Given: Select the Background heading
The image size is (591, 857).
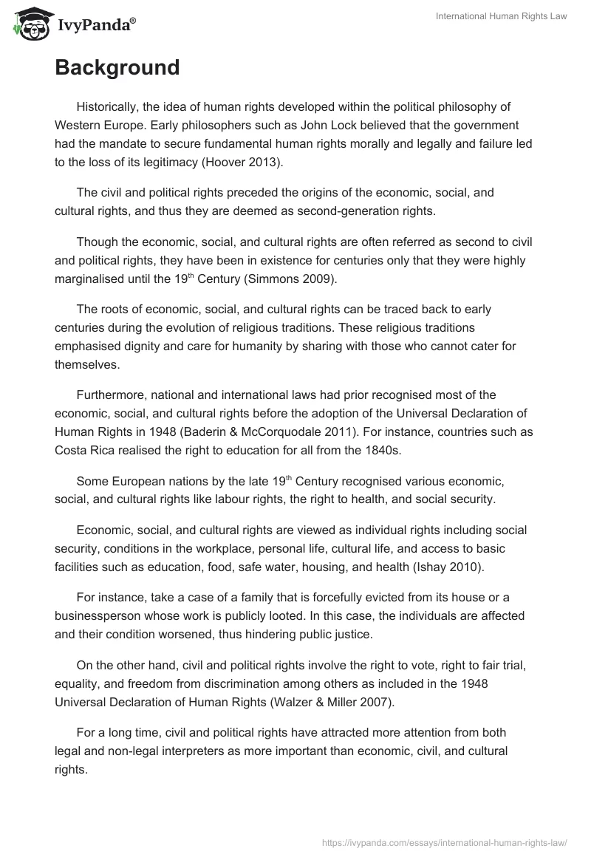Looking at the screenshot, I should (x=117, y=67).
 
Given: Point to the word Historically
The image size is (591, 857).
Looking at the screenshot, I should (x=112, y=106).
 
